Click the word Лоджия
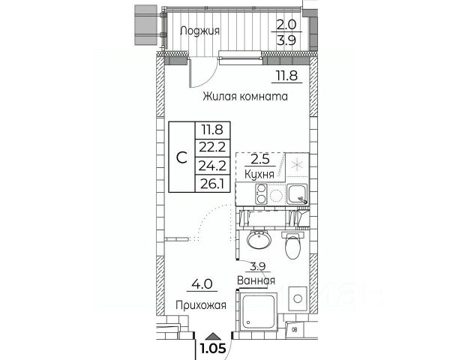coord(200,31)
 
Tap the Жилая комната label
coord(245,97)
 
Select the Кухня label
coord(259,173)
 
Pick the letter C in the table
coord(182,157)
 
